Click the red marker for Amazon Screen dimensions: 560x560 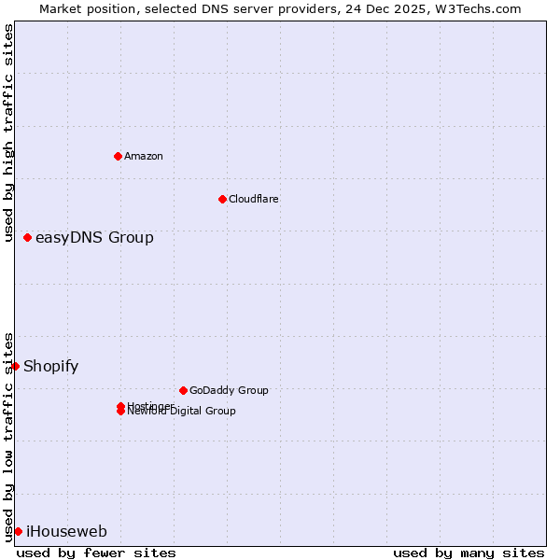(x=118, y=156)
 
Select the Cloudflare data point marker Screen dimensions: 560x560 (x=222, y=199)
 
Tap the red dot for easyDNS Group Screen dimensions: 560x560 (x=27, y=238)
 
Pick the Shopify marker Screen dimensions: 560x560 (x=16, y=366)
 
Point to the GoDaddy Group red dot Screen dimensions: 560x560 (x=183, y=390)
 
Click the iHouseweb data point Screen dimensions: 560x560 (x=18, y=531)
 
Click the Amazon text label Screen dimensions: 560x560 (x=144, y=156)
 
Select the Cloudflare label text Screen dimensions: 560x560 (x=254, y=199)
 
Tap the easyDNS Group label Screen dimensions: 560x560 (x=94, y=238)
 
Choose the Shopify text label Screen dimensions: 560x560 (x=50, y=366)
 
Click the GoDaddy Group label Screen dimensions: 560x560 (x=229, y=390)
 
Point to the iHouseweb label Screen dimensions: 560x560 (x=66, y=532)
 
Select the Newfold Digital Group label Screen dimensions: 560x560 (x=182, y=412)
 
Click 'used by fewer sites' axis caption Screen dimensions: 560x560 (x=96, y=553)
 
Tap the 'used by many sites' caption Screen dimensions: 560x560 (x=469, y=553)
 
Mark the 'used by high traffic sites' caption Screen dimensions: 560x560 (x=9, y=133)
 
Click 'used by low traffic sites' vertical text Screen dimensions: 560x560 (x=9, y=436)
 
